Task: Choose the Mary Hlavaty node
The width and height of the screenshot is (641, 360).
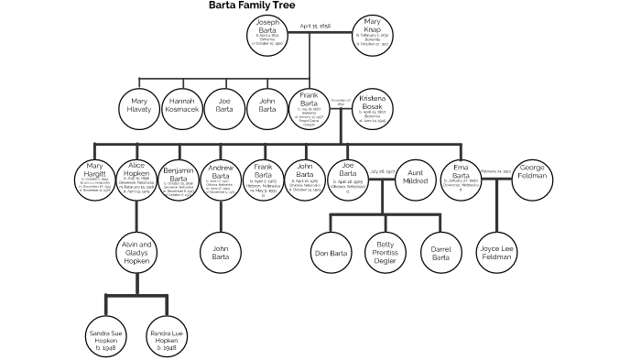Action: [x=139, y=106]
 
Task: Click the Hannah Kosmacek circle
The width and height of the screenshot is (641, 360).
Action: [x=181, y=106]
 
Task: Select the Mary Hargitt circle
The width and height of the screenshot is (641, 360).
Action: [x=95, y=180]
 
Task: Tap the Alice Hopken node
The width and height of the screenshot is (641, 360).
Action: [x=136, y=180]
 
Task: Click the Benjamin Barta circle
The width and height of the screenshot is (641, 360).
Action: [x=179, y=180]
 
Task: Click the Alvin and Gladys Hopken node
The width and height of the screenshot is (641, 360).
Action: [x=137, y=252]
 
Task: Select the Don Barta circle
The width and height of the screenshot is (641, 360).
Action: [x=330, y=252]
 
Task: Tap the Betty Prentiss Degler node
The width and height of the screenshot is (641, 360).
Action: [x=385, y=252]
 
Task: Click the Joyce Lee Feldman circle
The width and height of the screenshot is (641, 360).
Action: [x=498, y=252]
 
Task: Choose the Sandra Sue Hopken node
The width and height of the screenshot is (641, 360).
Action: [x=107, y=336]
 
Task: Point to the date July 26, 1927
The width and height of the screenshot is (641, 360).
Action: [x=382, y=171]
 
